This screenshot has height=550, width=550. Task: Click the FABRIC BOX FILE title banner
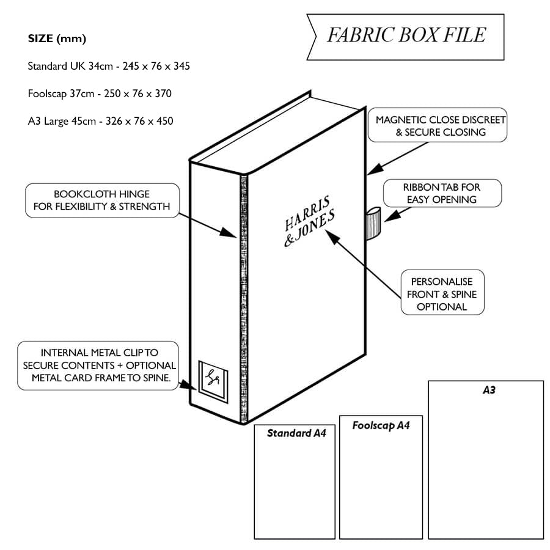(406, 35)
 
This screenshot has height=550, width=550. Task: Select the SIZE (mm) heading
(57, 39)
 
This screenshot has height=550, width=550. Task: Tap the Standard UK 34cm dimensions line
(109, 65)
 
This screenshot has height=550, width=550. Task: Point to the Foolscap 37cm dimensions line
(100, 94)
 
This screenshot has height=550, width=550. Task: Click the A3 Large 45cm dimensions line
(100, 121)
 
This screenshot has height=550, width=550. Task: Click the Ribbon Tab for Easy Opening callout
(441, 193)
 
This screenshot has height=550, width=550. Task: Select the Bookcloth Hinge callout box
(102, 200)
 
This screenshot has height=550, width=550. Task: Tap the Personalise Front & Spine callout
(442, 293)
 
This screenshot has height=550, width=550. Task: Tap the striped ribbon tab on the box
(372, 223)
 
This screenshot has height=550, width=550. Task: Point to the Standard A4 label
(296, 434)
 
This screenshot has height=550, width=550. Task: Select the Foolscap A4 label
(381, 425)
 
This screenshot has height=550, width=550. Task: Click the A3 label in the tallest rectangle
(488, 390)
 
